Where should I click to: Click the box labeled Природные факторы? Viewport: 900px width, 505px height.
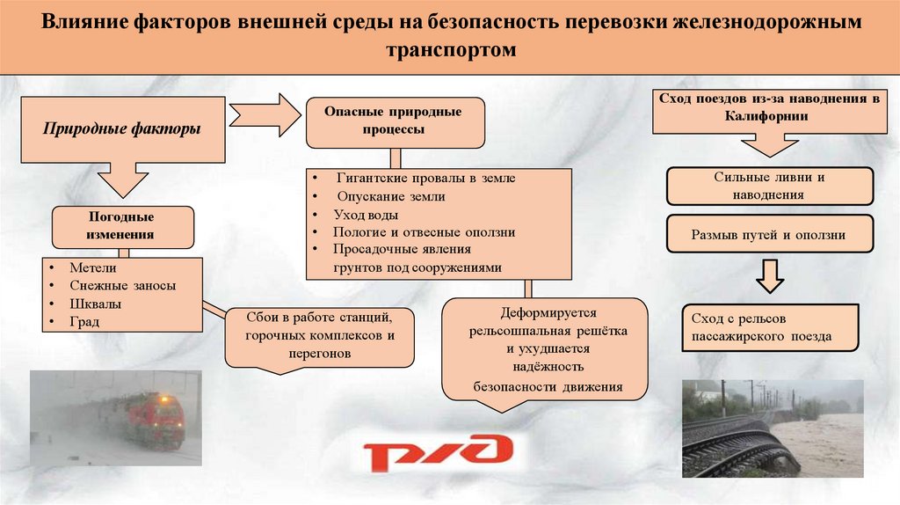[122, 130]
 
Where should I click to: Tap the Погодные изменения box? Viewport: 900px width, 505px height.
[122, 226]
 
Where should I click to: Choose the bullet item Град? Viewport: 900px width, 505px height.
[85, 321]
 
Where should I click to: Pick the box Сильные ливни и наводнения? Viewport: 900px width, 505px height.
[769, 186]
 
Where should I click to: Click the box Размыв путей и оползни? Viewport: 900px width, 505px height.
[769, 235]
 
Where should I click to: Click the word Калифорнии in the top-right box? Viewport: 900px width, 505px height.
[767, 115]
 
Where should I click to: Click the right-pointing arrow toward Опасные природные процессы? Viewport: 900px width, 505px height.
[265, 113]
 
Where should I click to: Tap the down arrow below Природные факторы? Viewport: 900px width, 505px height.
[122, 180]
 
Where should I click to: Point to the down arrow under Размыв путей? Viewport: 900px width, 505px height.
[770, 275]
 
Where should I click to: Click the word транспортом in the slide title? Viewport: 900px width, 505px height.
[449, 52]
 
